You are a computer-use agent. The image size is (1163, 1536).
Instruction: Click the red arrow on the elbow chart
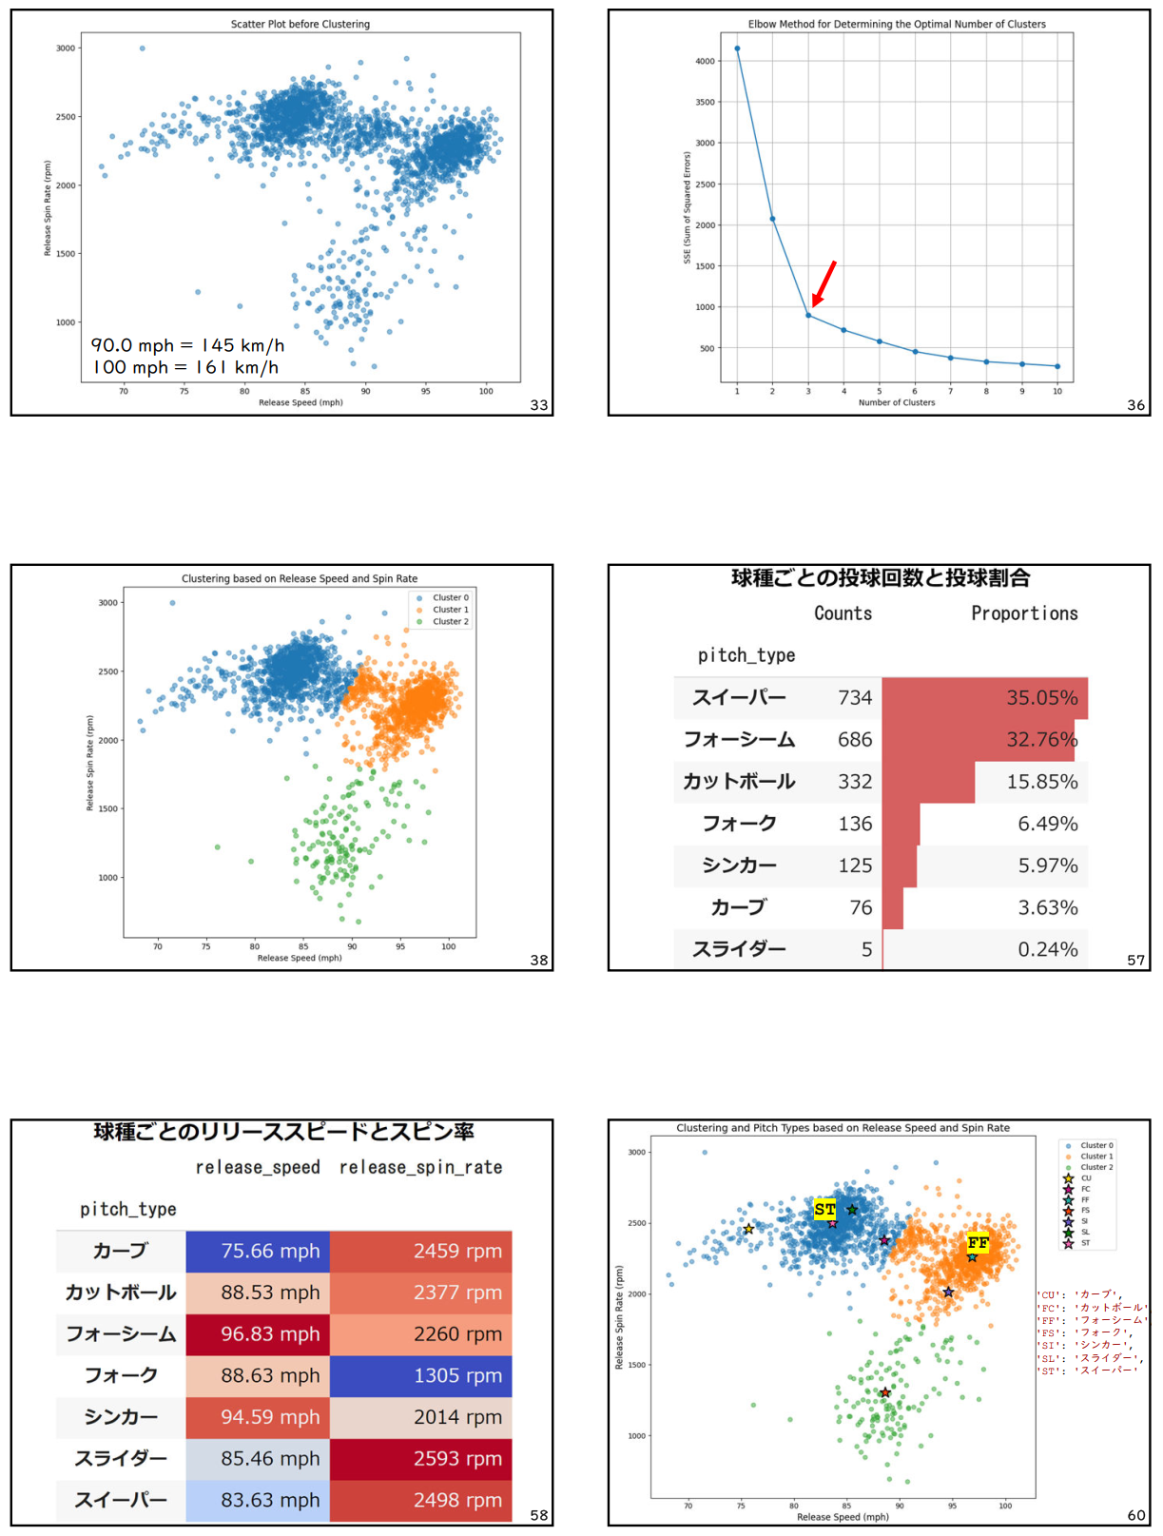[x=824, y=282]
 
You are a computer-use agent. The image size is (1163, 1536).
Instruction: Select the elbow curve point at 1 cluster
[x=737, y=49]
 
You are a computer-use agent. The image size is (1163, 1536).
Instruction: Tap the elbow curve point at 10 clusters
[x=1057, y=366]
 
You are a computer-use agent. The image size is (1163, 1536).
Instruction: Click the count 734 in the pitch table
[x=855, y=698]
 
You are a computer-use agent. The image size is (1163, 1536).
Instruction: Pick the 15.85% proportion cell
[x=1041, y=782]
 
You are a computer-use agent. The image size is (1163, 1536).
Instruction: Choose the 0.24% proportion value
[x=1047, y=949]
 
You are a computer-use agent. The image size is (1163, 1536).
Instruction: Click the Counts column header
[x=843, y=613]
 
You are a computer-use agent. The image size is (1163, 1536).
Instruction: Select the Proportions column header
[x=1024, y=613]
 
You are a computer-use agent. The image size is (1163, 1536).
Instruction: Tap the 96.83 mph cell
[x=270, y=1333]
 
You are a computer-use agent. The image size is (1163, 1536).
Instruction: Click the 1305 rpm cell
[x=457, y=1375]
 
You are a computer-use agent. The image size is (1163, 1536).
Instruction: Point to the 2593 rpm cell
[x=457, y=1458]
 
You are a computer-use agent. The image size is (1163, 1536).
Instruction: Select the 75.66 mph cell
[x=270, y=1251]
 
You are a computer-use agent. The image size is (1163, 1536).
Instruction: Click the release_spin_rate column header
[x=420, y=1167]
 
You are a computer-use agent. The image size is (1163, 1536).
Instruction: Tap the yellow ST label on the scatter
[x=824, y=1209]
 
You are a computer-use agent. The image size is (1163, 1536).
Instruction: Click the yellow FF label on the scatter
[x=978, y=1242]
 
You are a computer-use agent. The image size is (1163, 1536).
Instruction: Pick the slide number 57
[x=1135, y=961]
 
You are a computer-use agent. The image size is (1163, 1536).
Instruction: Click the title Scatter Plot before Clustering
[x=300, y=24]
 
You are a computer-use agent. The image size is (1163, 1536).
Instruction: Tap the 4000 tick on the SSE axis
[x=705, y=61]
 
